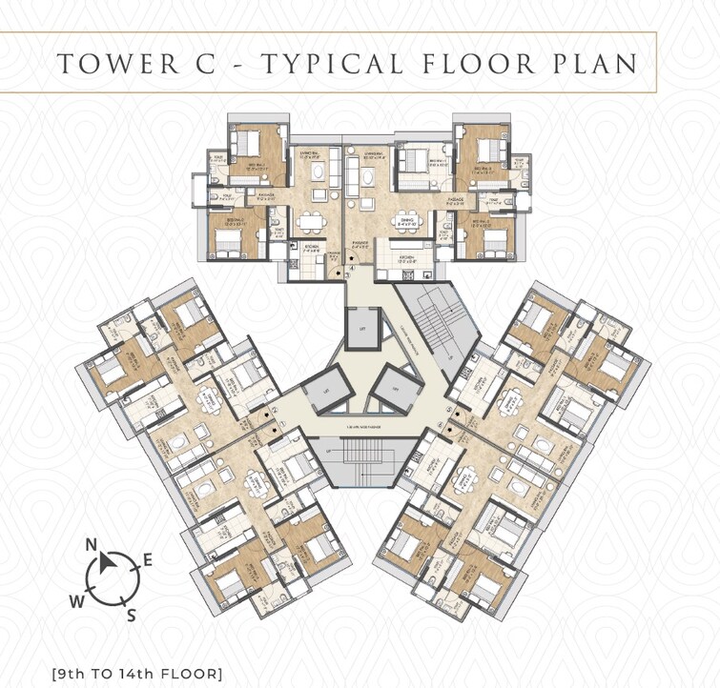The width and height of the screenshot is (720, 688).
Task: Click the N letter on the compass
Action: (x=93, y=545)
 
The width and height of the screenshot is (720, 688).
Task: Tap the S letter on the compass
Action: (x=131, y=616)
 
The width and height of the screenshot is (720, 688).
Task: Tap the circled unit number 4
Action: (x=351, y=270)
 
